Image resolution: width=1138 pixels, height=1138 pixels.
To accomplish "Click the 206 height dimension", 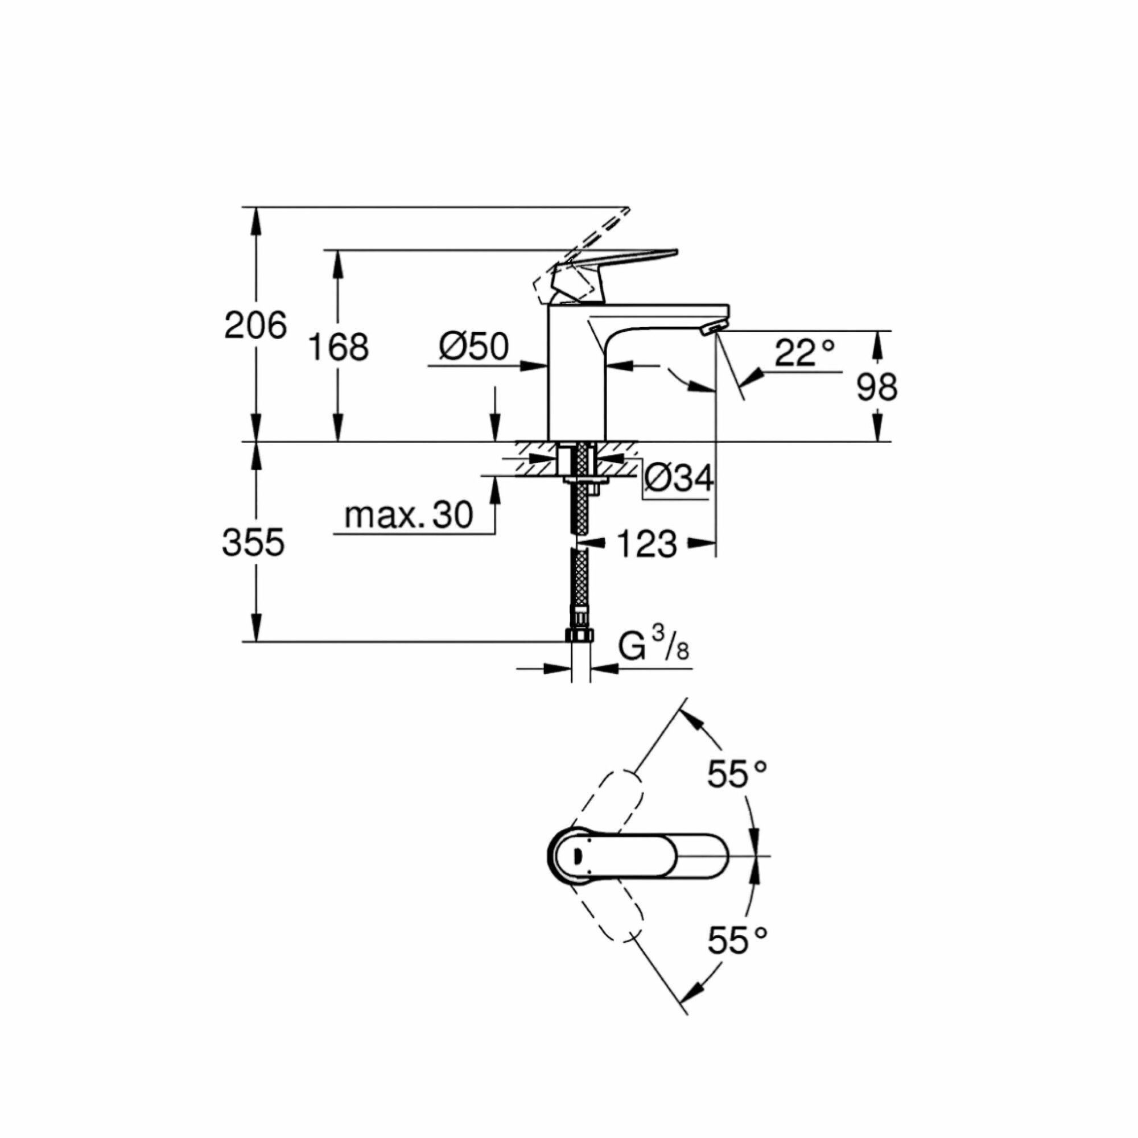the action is (x=255, y=325).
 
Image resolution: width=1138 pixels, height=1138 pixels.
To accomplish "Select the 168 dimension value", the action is (x=338, y=348).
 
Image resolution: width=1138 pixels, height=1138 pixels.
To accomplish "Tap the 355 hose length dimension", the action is (x=253, y=542).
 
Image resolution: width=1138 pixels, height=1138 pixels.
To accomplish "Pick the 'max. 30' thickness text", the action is (x=408, y=516).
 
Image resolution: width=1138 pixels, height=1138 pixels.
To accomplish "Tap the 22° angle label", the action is (x=805, y=353).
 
